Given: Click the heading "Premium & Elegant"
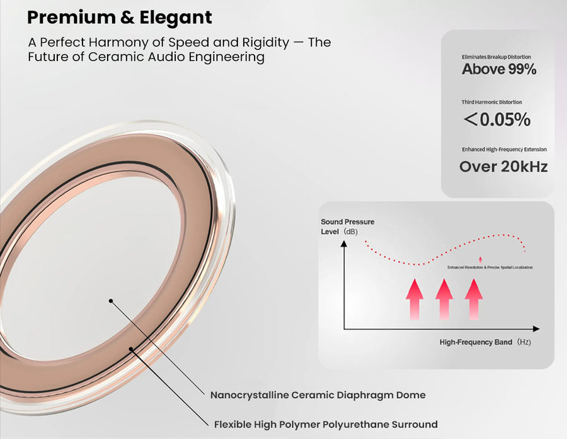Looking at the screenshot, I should [x=120, y=17].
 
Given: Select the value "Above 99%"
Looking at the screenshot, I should [x=499, y=69].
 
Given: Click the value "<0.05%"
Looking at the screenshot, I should [x=497, y=119].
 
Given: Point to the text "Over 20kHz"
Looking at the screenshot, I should [x=503, y=167].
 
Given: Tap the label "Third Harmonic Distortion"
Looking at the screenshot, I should [x=492, y=102].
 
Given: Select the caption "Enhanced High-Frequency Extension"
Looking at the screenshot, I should [x=504, y=149].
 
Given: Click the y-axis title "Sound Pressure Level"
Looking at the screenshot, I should [x=347, y=226].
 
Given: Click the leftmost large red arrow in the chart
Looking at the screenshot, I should [x=414, y=298].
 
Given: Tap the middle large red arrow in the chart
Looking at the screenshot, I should [x=444, y=298].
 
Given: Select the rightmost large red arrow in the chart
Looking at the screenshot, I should [x=474, y=298].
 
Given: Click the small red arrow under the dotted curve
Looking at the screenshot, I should [x=481, y=259].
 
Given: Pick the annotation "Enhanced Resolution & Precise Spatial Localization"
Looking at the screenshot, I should [x=490, y=268].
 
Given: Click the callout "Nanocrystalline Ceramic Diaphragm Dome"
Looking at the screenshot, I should [x=318, y=395].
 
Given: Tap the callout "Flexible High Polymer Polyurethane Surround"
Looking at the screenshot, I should [x=326, y=424].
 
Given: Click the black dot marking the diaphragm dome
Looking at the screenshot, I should [x=111, y=301].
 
